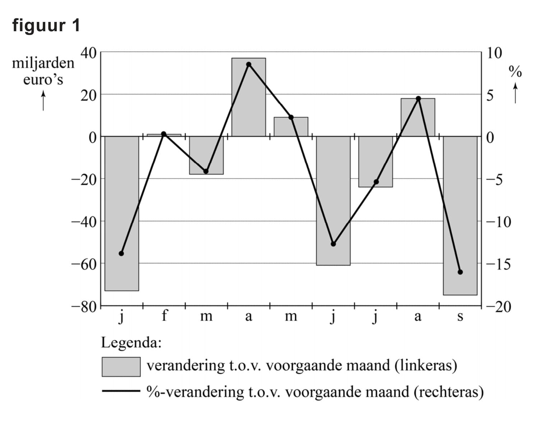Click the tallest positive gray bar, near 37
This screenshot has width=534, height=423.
[x=249, y=97]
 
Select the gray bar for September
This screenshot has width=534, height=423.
[x=460, y=215]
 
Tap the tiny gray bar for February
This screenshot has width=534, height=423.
[x=164, y=135]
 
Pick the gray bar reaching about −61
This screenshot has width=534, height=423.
[x=333, y=201]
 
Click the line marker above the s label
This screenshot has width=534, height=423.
[x=460, y=272]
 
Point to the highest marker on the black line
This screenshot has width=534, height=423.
[x=249, y=65]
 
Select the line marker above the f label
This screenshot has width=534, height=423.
[x=164, y=134]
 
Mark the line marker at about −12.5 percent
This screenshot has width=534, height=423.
[x=333, y=244]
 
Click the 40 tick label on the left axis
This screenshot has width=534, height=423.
[x=88, y=53]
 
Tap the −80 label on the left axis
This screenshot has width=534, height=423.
[x=84, y=307]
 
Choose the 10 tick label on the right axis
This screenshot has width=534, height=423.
[x=494, y=53]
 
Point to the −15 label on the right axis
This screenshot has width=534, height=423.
[x=498, y=264]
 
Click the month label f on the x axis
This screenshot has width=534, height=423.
[x=164, y=316]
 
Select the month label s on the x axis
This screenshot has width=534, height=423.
[x=460, y=316]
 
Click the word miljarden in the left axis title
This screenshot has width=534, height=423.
[x=43, y=63]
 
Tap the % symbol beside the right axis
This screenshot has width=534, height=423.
[x=515, y=72]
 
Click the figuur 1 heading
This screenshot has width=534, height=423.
[x=46, y=25]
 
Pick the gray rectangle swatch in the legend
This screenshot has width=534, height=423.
[x=121, y=367]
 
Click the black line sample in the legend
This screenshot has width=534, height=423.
[x=121, y=391]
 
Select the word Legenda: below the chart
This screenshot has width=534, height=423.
[x=131, y=343]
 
